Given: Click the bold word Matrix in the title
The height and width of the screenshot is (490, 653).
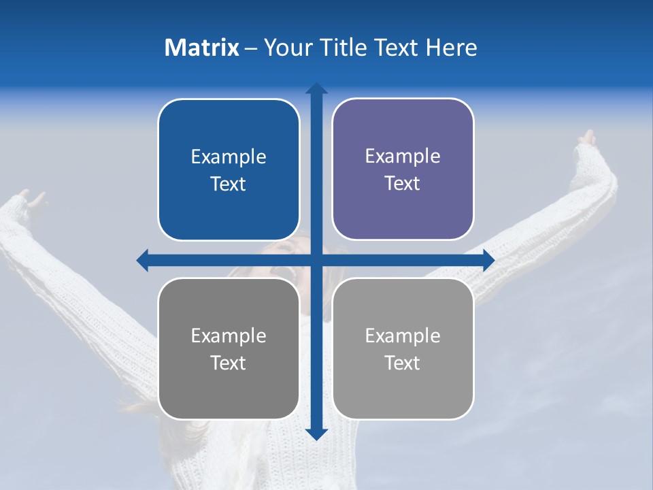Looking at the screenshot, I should tap(202, 48).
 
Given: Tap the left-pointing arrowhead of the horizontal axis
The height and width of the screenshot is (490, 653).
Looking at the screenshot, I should tap(142, 260).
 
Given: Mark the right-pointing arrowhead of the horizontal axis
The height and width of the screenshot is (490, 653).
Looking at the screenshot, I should tap(488, 260).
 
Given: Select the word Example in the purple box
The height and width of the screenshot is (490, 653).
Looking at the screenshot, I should tap(403, 156).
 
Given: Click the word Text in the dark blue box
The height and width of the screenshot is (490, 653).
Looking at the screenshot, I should tap(228, 184).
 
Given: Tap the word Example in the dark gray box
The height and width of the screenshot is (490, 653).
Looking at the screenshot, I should tap(228, 336).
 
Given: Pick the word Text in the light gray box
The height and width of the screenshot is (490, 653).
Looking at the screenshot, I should tap(402, 363).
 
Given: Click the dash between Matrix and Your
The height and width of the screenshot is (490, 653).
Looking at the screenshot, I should tap(251, 48).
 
